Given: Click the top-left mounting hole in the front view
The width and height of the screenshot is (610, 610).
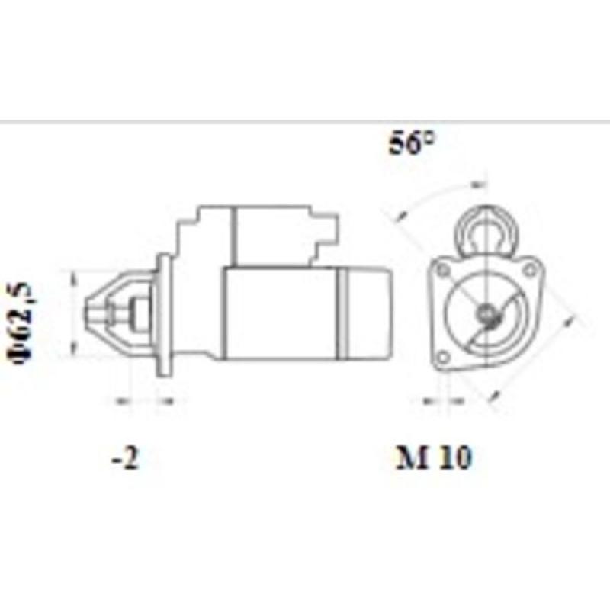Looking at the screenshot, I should click(441, 270).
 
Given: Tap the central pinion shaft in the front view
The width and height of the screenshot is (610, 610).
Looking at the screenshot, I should click(486, 312).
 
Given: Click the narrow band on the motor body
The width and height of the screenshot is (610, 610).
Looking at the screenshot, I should click(343, 313).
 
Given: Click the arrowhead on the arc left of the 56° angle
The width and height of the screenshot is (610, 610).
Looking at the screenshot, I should click(398, 216).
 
